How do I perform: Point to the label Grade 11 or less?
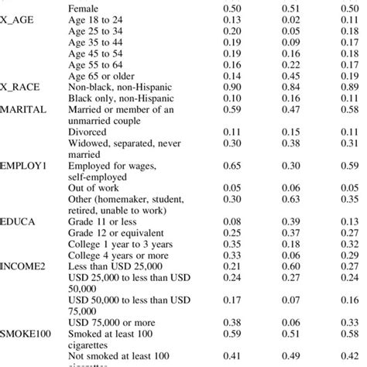[104, 221]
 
